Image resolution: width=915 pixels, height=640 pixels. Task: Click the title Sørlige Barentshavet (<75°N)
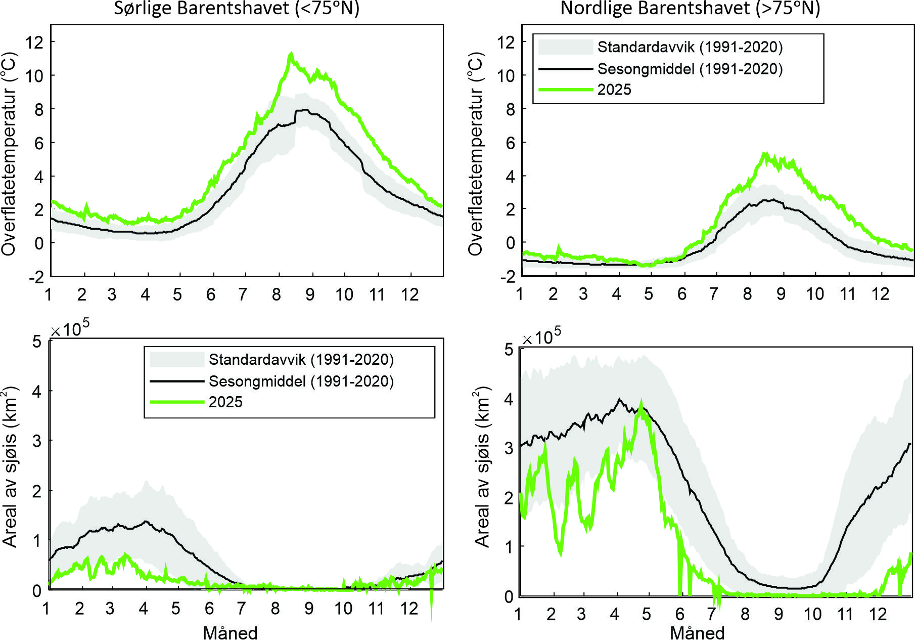pos(237,9)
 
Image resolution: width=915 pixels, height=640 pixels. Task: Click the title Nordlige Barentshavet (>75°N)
pos(690,9)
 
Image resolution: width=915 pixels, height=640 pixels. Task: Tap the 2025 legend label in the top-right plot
pos(614,90)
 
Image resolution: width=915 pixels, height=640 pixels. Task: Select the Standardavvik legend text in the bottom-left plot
pos(301,359)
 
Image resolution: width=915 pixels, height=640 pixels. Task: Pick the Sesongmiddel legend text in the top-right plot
pos(690,68)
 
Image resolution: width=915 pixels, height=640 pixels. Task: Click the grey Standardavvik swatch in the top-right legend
pos(565,47)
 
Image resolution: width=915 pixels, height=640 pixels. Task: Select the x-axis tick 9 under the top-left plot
pos(309,294)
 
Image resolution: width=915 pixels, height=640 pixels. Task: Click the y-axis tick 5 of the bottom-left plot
pos(36,342)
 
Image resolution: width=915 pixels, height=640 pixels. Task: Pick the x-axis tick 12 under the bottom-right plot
pos(878,615)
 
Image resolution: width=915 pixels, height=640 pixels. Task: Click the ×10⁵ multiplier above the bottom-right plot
pos(541,336)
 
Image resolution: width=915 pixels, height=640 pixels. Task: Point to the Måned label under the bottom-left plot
pos(230,632)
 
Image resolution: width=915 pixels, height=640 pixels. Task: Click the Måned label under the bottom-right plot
pos(697,632)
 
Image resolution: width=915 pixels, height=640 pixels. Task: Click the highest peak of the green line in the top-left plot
pos(291,53)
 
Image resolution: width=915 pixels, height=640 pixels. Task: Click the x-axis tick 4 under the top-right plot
pos(616,294)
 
